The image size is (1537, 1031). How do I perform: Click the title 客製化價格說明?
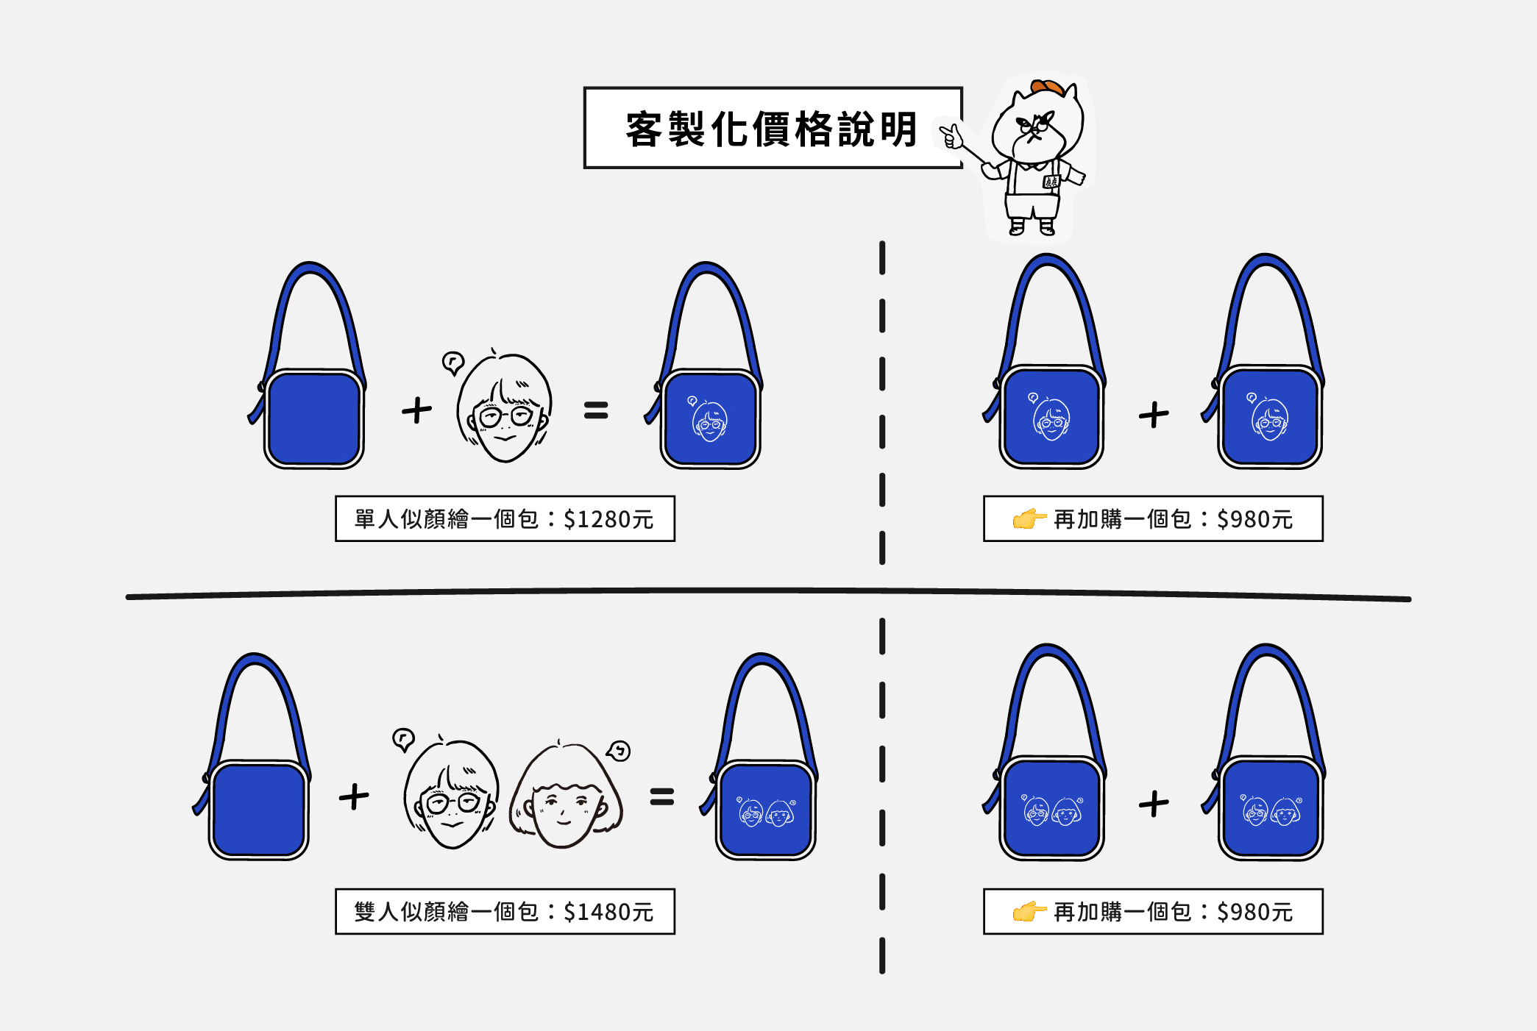tap(771, 129)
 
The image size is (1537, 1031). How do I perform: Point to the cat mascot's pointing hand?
tap(951, 136)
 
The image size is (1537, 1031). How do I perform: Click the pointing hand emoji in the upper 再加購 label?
tap(1029, 518)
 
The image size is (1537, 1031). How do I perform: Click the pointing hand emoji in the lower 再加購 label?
tap(1029, 912)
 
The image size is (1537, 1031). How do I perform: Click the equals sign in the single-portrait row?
tap(596, 410)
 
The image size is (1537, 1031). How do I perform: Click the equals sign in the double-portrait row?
tap(661, 797)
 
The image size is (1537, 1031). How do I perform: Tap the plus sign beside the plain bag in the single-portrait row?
tap(416, 410)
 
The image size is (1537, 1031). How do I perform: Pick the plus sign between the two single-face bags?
tap(1154, 415)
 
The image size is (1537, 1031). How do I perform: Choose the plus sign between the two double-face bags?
tap(1154, 804)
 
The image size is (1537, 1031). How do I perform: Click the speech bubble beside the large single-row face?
tap(453, 362)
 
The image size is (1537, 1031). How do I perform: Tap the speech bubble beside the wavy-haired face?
tap(620, 750)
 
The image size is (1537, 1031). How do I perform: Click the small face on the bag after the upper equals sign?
tap(709, 421)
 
